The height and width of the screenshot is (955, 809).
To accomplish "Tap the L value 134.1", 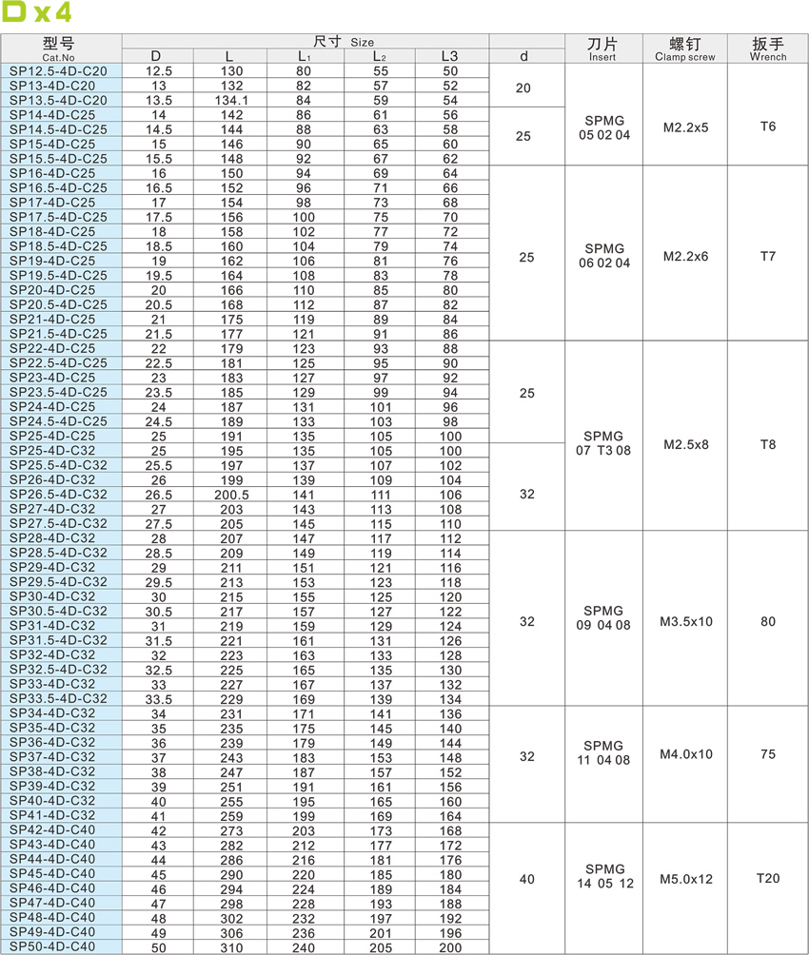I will coord(231,100).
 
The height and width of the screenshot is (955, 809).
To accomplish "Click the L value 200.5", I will coord(231,495).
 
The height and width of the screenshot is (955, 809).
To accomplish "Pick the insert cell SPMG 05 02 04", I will coord(603,128).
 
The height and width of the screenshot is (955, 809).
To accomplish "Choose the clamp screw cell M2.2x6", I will coord(684,256).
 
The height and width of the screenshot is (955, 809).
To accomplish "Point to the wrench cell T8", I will coord(768,443).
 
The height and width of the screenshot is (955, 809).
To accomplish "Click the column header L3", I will coord(450,56).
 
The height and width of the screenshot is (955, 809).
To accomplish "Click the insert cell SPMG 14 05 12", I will coord(603,876).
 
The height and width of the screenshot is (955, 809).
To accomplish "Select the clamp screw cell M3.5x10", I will coord(684,622).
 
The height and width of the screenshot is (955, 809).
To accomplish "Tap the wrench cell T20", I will coord(768,878).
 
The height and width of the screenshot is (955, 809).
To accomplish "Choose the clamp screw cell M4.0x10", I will coord(684,754).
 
